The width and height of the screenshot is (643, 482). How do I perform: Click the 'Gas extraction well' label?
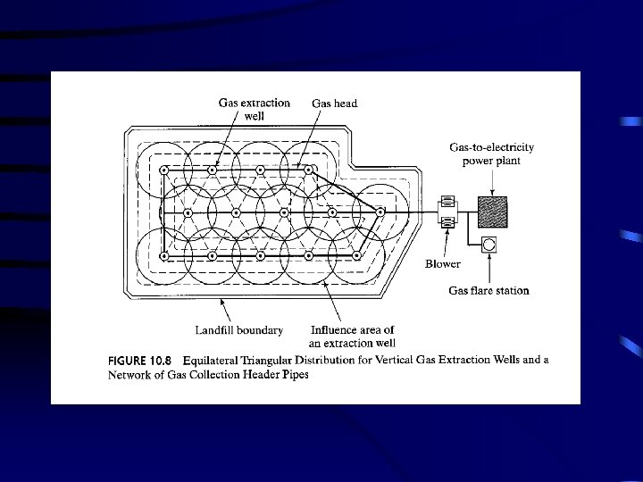point(255,110)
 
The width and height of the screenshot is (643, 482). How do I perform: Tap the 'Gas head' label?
point(334,104)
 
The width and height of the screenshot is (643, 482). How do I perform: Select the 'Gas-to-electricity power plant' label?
point(485,154)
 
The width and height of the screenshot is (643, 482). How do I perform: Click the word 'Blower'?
point(443,263)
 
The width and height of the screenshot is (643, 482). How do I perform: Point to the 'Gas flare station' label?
point(489,290)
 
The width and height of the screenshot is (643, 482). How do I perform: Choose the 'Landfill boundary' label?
point(239,330)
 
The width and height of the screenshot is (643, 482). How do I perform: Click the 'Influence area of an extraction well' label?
point(353,337)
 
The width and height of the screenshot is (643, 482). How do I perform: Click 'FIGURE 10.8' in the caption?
point(139,360)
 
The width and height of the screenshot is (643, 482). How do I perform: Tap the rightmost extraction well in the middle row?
point(380,212)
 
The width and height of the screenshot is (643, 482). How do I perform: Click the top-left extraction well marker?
point(163,170)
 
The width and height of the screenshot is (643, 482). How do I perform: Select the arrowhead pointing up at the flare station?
point(490,262)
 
